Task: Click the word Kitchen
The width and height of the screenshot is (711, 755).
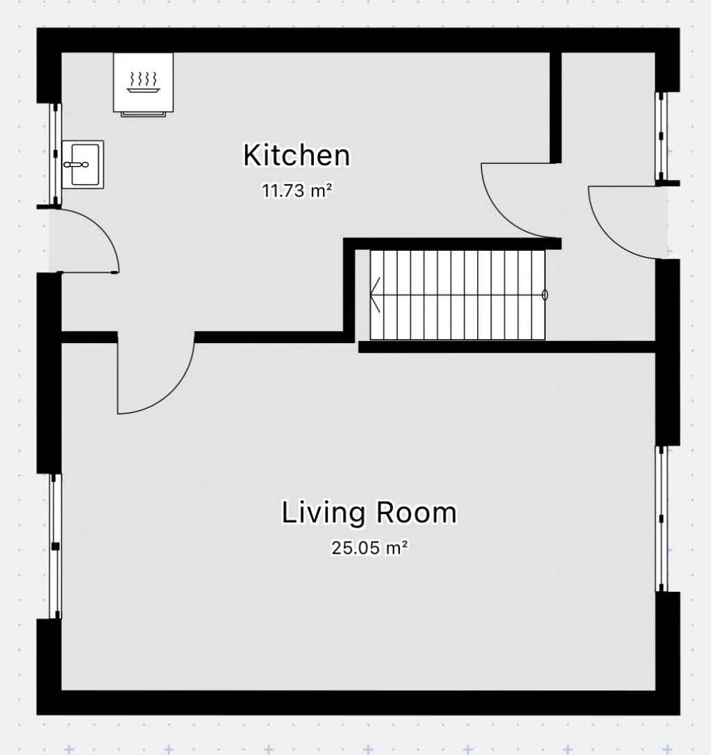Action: [296, 155]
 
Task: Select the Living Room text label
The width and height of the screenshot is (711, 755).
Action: [369, 513]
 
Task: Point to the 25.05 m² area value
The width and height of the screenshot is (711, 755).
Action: [369, 548]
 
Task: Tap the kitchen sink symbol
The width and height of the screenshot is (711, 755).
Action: [83, 164]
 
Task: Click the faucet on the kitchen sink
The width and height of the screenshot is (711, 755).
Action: [76, 165]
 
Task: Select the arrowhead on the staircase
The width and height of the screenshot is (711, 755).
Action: [376, 295]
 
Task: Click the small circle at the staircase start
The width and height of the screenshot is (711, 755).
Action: [544, 295]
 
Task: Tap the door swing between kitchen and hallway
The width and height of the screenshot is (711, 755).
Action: [517, 201]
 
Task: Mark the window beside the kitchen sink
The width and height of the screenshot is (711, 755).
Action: [55, 154]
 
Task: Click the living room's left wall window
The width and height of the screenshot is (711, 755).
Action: [55, 546]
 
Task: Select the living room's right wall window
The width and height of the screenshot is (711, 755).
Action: [661, 518]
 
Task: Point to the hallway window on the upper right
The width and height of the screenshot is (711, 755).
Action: [661, 135]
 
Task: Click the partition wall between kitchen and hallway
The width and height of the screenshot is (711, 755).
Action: [555, 108]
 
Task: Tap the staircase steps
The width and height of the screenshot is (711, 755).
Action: [458, 295]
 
